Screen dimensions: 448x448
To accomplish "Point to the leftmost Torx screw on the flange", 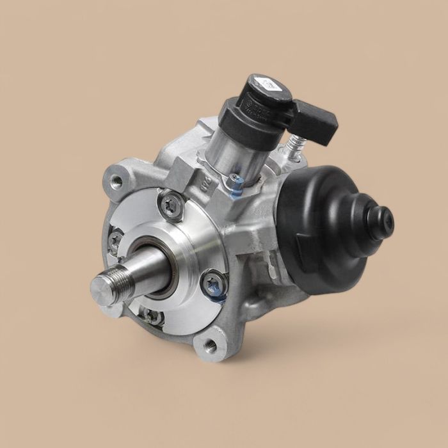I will tap(115, 241).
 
